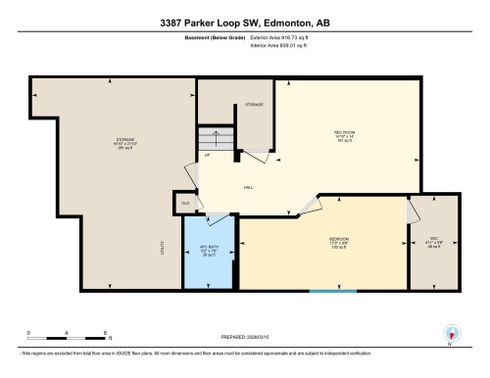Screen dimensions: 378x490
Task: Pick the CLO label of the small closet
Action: click(x=183, y=204)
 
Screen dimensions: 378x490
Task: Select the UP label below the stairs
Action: click(x=207, y=156)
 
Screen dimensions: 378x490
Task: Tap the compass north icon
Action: click(x=452, y=334)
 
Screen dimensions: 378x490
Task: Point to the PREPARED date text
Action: click(x=245, y=331)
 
